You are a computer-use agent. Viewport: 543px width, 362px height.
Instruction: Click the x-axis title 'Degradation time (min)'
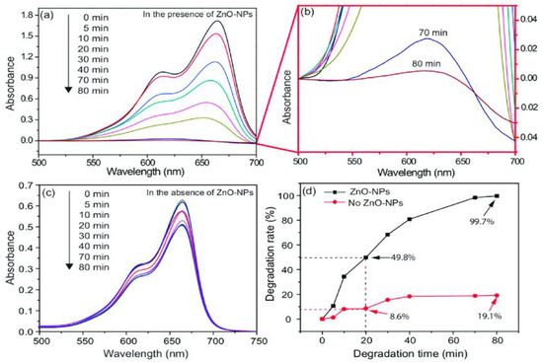pos(413,354)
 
